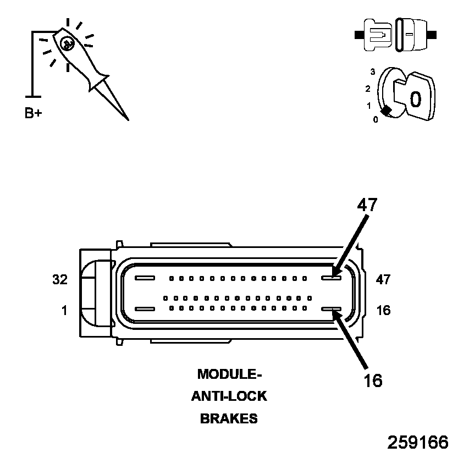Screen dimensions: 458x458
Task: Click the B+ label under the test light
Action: click(34, 114)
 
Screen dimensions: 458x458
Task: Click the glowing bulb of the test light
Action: click(66, 42)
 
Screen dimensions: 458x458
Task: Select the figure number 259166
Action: click(418, 443)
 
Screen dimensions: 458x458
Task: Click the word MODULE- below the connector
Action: click(229, 374)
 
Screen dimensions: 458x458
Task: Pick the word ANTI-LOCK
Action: click(229, 396)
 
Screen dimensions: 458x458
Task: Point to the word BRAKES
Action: click(229, 418)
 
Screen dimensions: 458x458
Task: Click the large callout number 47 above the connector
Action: click(367, 205)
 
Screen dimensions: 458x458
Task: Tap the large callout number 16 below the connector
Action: click(373, 380)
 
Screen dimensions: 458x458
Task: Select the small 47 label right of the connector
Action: click(383, 279)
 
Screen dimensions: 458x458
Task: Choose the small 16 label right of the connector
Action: click(383, 311)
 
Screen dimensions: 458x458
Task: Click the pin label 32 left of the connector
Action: click(60, 279)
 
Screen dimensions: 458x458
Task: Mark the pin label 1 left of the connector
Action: click(64, 311)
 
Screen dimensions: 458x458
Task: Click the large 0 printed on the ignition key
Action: click(416, 99)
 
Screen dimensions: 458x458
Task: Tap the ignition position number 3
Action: click(373, 71)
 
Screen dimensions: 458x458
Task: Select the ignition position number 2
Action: click(367, 88)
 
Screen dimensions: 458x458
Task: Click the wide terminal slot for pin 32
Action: click(145, 278)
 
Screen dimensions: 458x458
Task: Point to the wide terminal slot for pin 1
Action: click(145, 310)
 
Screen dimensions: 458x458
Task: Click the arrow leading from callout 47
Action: click(352, 242)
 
